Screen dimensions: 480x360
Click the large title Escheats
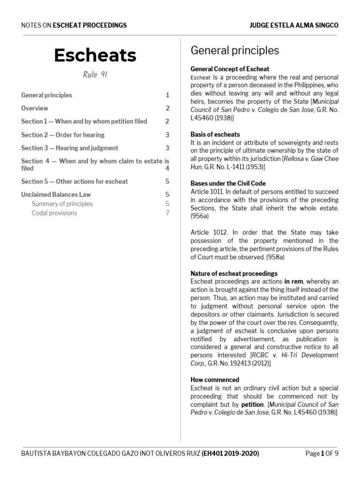point(95,55)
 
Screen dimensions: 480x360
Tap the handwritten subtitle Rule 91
point(95,75)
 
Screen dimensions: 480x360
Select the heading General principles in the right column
point(234,50)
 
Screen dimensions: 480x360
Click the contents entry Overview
point(35,108)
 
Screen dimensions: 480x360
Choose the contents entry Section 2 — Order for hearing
point(63,135)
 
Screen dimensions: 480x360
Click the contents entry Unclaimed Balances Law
point(56,194)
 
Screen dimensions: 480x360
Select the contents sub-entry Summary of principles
point(62,204)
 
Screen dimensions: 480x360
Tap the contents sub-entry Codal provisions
point(54,213)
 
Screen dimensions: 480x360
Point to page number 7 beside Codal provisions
point(167,213)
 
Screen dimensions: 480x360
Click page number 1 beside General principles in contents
point(167,95)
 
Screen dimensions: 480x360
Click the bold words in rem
point(293,281)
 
